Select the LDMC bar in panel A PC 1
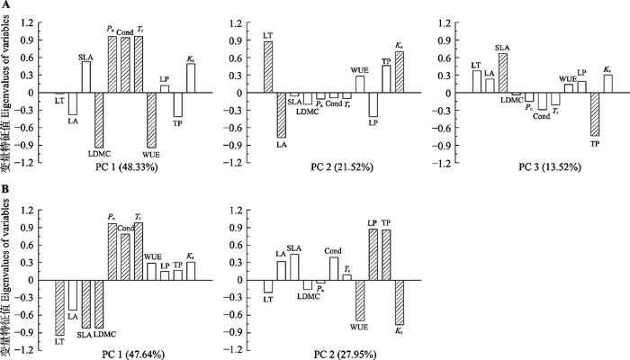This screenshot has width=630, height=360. click(x=99, y=120)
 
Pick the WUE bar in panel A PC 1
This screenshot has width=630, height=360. click(x=151, y=120)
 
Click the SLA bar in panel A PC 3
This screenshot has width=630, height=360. click(x=503, y=73)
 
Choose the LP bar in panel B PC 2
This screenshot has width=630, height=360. click(x=373, y=255)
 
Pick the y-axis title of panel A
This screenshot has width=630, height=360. click(x=8, y=90)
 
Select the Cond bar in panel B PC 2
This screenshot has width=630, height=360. click(x=334, y=268)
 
